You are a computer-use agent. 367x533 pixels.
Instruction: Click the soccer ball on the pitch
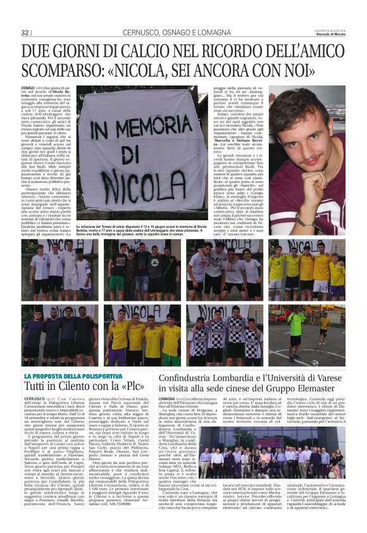click(x=314, y=363)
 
